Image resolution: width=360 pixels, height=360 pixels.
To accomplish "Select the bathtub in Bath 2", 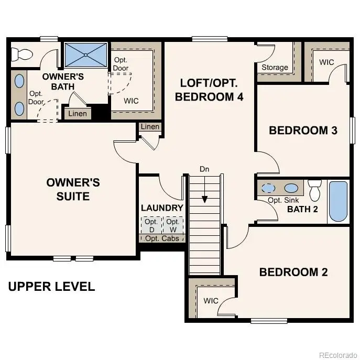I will [x=337, y=202].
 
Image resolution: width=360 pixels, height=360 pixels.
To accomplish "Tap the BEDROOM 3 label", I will [x=303, y=130].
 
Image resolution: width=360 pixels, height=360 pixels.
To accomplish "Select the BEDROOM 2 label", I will [x=293, y=272].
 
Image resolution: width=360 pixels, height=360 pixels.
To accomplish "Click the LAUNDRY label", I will [x=162, y=208].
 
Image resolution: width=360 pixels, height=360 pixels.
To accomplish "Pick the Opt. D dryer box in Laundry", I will [x=151, y=225].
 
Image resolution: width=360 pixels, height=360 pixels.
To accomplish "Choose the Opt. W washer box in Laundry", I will [x=173, y=225].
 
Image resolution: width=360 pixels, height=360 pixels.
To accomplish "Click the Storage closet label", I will [x=275, y=67].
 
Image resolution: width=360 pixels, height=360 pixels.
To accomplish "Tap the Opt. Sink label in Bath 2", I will [x=282, y=200].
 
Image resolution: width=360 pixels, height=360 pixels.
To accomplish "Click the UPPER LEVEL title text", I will [x=51, y=287].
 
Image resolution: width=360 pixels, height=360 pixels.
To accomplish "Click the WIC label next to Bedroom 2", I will [x=211, y=301].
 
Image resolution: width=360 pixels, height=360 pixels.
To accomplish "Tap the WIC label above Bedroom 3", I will [x=326, y=62].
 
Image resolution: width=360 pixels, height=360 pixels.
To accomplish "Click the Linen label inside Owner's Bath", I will [x=78, y=113].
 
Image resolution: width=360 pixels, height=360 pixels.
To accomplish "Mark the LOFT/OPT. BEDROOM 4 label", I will [x=209, y=90].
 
